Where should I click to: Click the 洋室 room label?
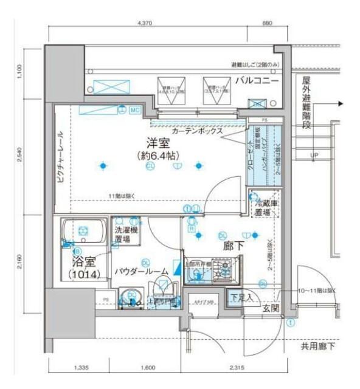pyautogui.click(x=157, y=143)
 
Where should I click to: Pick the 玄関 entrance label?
pyautogui.click(x=269, y=309)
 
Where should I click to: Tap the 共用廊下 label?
pyautogui.click(x=319, y=346)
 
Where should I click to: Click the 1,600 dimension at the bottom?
pyautogui.click(x=147, y=368)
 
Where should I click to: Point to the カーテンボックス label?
pyautogui.click(x=196, y=131)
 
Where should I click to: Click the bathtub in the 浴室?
pyautogui.click(x=83, y=230)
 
